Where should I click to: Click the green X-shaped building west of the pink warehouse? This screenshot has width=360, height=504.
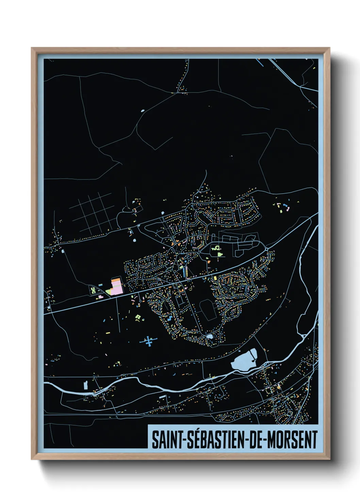tap(93, 290)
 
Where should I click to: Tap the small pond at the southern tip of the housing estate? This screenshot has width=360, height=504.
tap(210, 336)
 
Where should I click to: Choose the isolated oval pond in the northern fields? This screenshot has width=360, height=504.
tap(142, 111)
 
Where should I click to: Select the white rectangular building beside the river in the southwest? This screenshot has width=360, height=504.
tap(85, 385)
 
